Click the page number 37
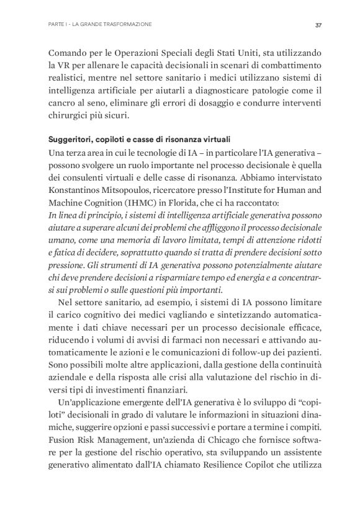pos(318,25)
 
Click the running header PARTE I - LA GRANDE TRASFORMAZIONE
pos(99,25)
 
